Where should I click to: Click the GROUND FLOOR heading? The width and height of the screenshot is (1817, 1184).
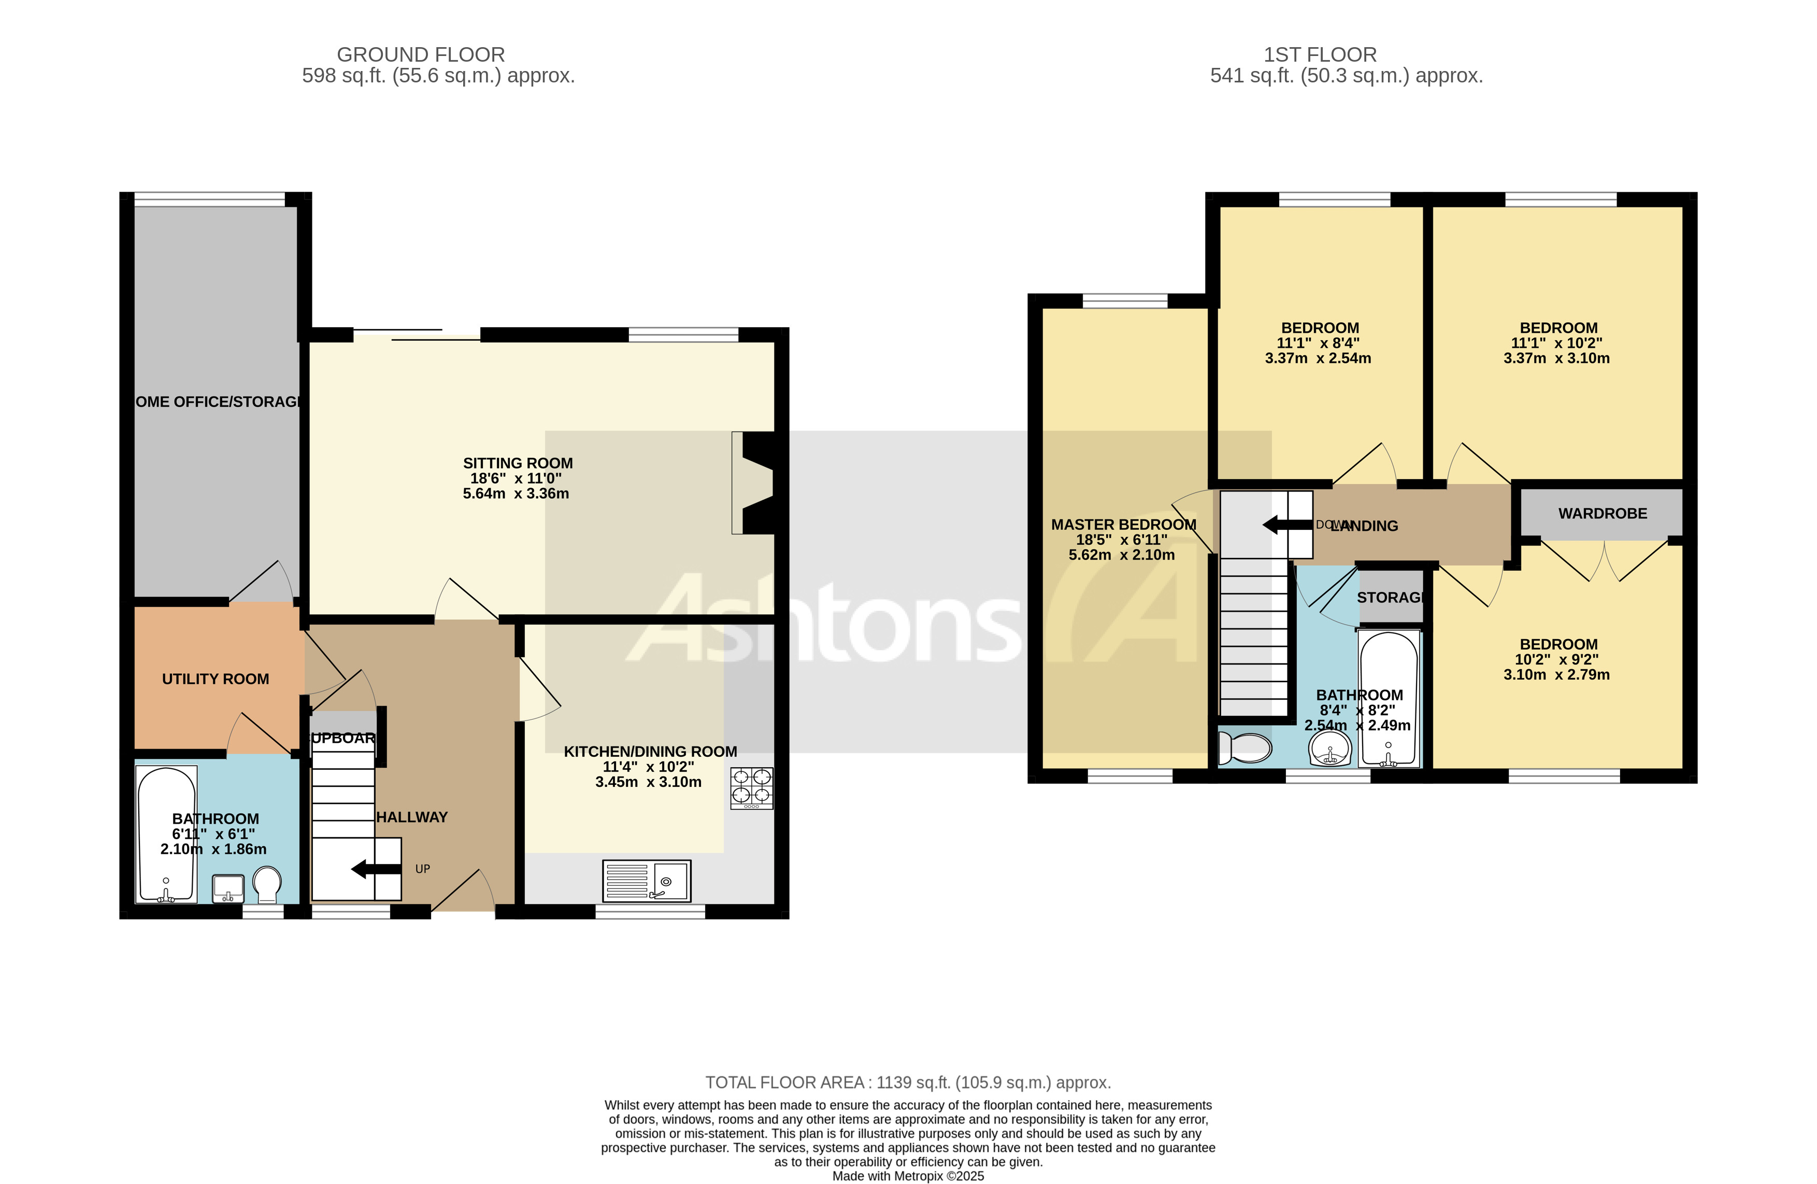[x=421, y=55]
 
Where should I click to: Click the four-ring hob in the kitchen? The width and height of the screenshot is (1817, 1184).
[x=751, y=787]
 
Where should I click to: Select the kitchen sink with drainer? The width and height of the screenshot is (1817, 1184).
[x=647, y=881]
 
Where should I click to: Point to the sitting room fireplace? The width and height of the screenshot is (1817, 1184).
[x=756, y=482]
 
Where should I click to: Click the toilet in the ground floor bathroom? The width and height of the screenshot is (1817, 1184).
[x=266, y=884]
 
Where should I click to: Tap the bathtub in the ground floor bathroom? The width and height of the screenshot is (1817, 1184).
[x=166, y=834]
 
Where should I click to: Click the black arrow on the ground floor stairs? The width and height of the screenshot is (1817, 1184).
[x=376, y=868]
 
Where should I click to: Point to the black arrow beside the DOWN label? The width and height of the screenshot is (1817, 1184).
[x=1287, y=525]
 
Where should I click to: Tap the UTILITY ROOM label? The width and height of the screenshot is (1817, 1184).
[x=216, y=679]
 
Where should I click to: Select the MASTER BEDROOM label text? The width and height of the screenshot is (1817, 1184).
[x=1123, y=525]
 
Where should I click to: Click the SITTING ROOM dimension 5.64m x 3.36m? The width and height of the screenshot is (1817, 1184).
[x=516, y=494]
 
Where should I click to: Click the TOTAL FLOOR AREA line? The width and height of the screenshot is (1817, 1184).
[x=907, y=1082]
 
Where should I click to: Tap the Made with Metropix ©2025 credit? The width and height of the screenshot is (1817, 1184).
[x=907, y=1176]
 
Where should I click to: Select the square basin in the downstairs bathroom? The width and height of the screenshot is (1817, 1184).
[x=227, y=887]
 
